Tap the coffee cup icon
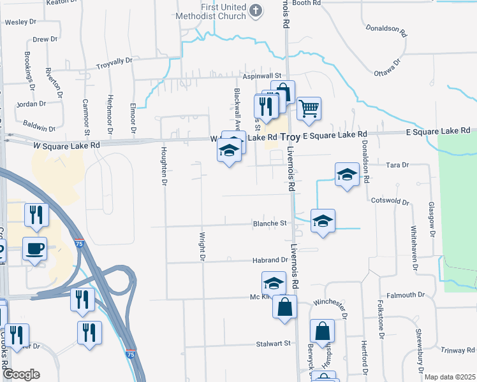[x=34, y=248]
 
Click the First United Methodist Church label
[x=223, y=11]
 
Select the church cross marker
[x=256, y=10]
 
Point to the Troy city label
[x=290, y=137]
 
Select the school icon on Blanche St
[x=323, y=220]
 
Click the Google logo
[x=21, y=374]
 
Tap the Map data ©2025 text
[x=450, y=377]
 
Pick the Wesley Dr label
[x=20, y=22]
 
